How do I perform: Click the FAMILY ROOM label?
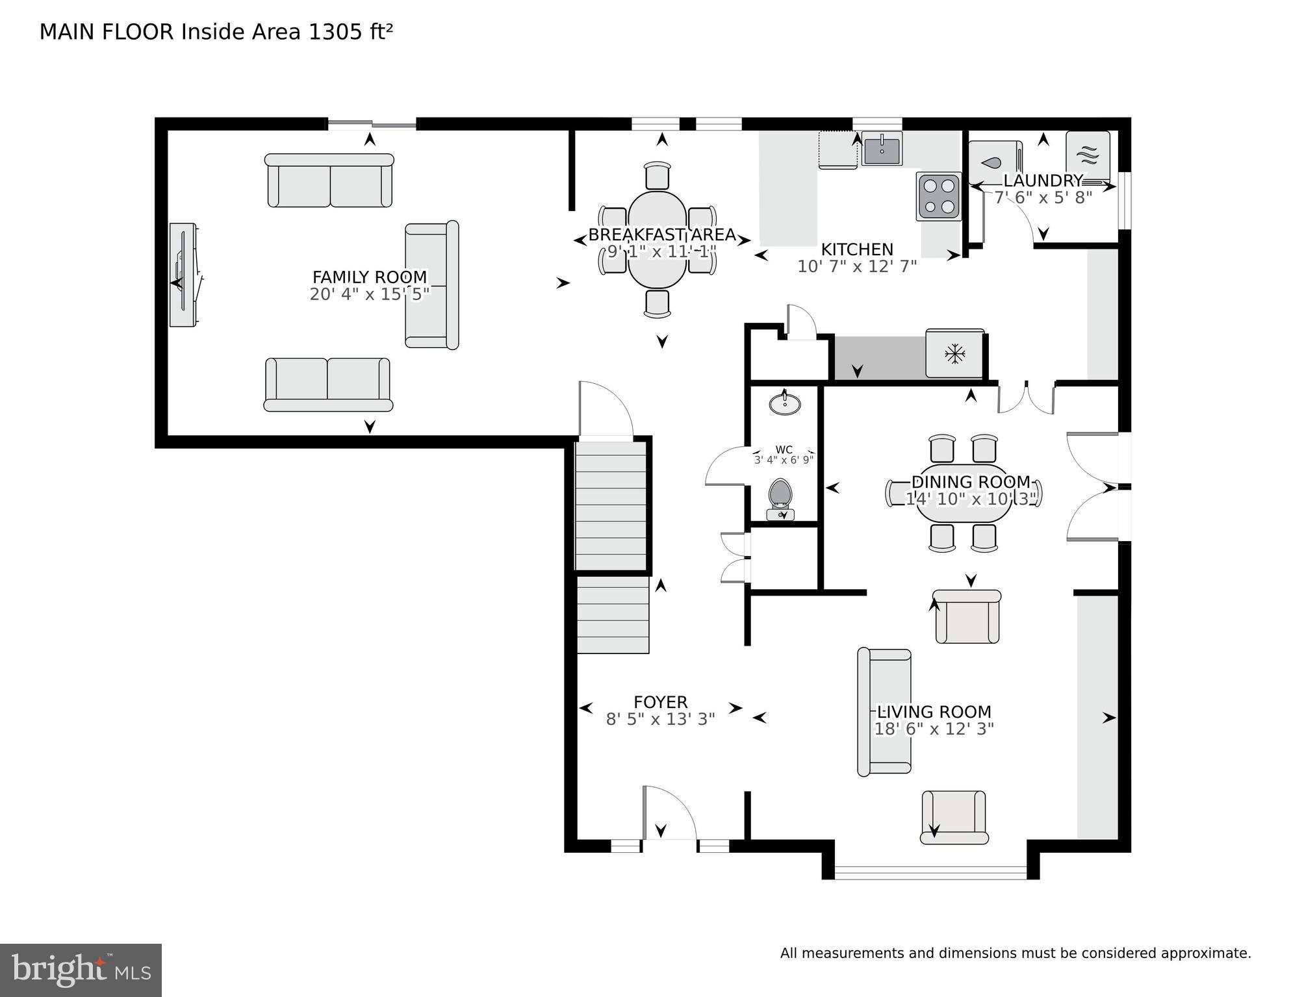[x=370, y=277]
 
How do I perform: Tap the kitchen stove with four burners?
[x=939, y=196]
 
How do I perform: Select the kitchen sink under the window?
[x=882, y=149]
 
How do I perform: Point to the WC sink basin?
[x=785, y=404]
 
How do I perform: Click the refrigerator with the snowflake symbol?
[x=954, y=354]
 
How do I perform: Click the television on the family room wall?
[x=184, y=275]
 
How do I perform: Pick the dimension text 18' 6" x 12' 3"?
[x=934, y=729]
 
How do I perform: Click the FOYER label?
[x=660, y=702]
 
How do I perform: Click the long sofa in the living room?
[x=884, y=713]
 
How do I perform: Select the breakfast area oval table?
[x=657, y=239]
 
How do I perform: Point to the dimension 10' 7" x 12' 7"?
[x=856, y=266]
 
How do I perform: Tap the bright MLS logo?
[x=81, y=970]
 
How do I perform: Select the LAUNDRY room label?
[x=1042, y=181]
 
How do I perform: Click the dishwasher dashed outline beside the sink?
[x=837, y=150]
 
